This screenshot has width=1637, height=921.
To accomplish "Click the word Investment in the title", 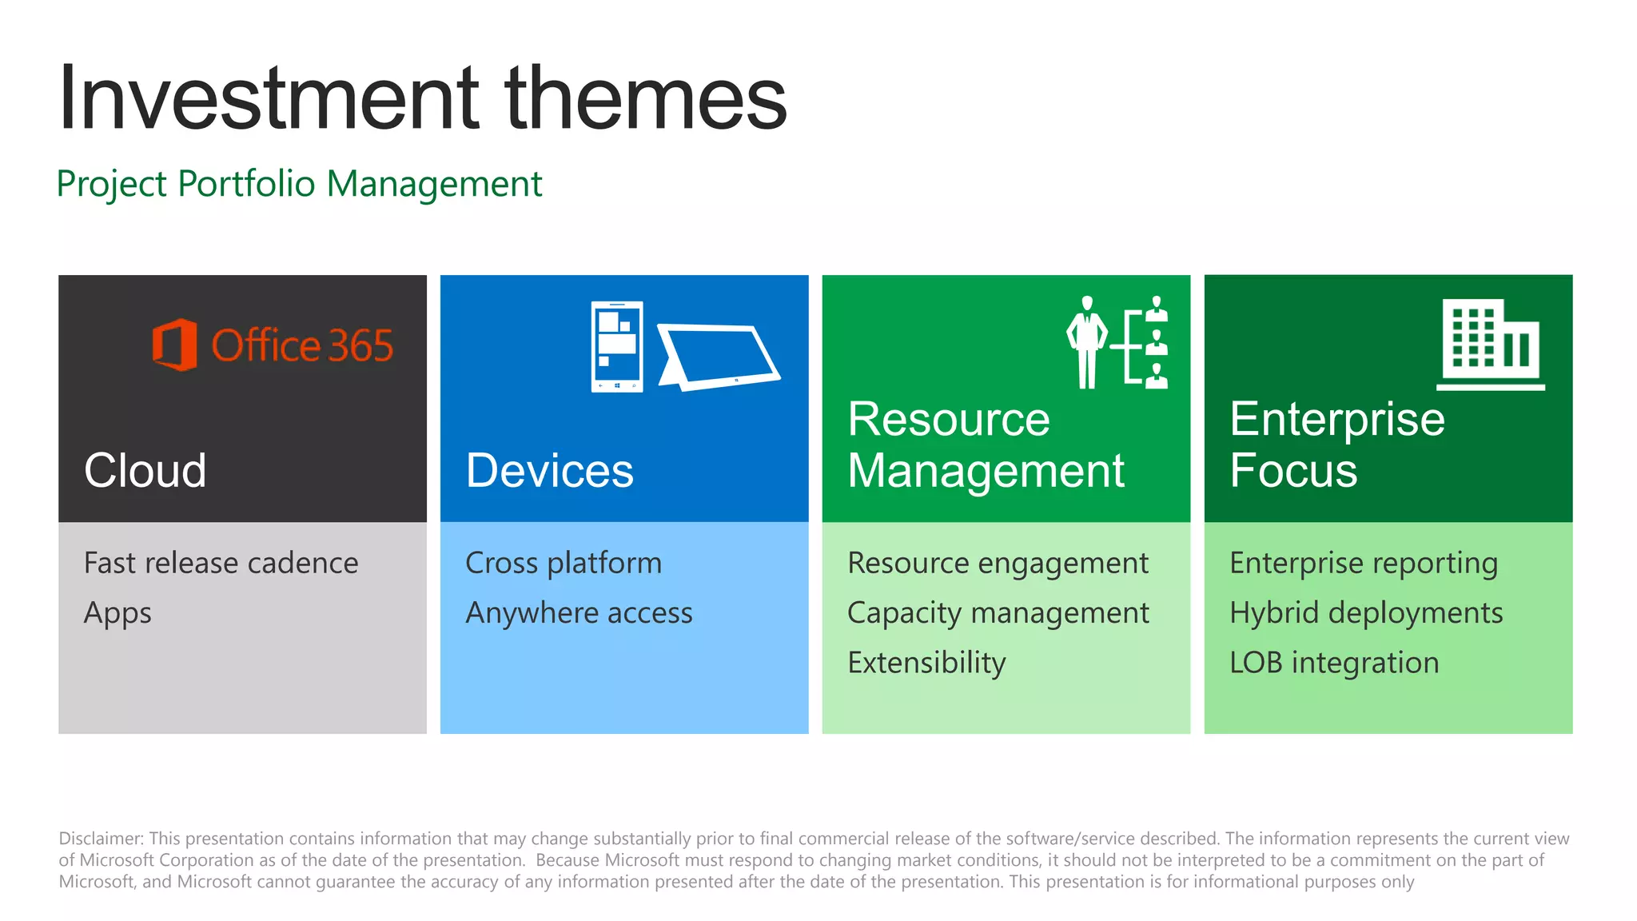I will (x=269, y=98).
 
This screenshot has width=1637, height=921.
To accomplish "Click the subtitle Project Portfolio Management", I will (x=299, y=184).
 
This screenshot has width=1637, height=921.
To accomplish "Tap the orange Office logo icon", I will (x=174, y=345).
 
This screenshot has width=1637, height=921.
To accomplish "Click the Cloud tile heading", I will (x=145, y=470).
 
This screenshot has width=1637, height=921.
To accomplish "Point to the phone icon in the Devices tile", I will (x=616, y=346).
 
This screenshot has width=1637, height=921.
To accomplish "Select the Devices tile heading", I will (x=549, y=470).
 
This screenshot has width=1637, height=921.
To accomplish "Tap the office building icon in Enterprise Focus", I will (x=1491, y=345).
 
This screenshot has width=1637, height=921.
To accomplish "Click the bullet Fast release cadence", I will (x=221, y=563).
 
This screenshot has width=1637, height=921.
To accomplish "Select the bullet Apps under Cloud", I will (x=117, y=613).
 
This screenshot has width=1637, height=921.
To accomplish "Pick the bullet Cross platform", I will (x=564, y=563).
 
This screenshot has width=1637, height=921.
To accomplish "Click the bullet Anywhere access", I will (x=579, y=613).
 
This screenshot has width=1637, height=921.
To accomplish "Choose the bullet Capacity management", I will (x=998, y=613).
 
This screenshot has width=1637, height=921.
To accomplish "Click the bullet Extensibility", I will (x=926, y=663).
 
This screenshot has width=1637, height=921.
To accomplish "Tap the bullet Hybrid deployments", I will (x=1366, y=613).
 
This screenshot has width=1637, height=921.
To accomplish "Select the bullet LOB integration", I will (x=1334, y=663).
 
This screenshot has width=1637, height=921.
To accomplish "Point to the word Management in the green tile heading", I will (x=986, y=470).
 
